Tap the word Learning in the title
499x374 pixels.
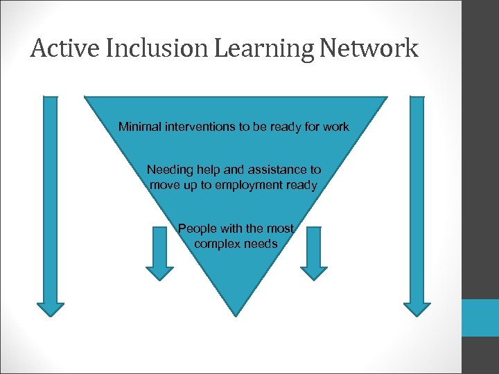click(245, 48)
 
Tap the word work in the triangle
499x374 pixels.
click(337, 127)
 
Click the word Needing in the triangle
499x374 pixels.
click(168, 170)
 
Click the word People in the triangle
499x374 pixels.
click(197, 229)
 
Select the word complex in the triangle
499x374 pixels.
click(216, 244)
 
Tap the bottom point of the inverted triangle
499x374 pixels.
click(236, 317)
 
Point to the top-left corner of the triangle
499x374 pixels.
click(85, 96)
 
